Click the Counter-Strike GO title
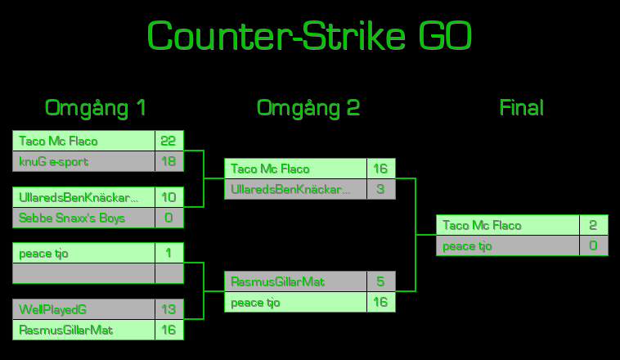[x=309, y=37]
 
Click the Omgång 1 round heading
[x=96, y=108]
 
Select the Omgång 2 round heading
[x=308, y=108]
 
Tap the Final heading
[x=521, y=108]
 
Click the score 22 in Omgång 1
[x=168, y=142]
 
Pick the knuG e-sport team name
[x=54, y=162]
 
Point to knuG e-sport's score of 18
[x=168, y=162]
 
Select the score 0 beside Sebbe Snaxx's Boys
[x=168, y=218]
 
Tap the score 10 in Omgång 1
[x=168, y=197]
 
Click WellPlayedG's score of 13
[x=168, y=310]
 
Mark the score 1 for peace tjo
[x=168, y=254]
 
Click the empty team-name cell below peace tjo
[x=83, y=274]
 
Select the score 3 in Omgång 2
[x=380, y=190]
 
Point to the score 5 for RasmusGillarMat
[x=380, y=282]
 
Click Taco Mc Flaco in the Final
[x=482, y=226]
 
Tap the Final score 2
[x=593, y=226]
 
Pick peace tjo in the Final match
[x=467, y=246]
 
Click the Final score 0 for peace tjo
[x=593, y=246]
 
